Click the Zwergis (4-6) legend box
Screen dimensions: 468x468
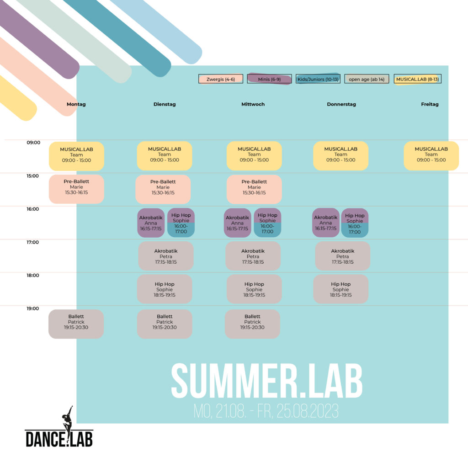pyautogui.click(x=221, y=79)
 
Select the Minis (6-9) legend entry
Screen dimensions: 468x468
pyautogui.click(x=269, y=79)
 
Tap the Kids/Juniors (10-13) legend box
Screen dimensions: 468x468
pyautogui.click(x=318, y=79)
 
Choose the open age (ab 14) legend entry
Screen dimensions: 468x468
pyautogui.click(x=367, y=79)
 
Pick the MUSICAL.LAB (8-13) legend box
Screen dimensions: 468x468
pyautogui.click(x=418, y=79)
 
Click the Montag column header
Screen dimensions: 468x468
pyautogui.click(x=76, y=104)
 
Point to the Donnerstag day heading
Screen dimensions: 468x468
pyautogui.click(x=341, y=104)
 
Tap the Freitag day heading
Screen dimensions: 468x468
pyautogui.click(x=430, y=104)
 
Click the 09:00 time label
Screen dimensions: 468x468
pyautogui.click(x=33, y=143)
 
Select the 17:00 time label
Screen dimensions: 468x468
pyautogui.click(x=33, y=242)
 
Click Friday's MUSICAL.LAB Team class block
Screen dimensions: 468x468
pyautogui.click(x=431, y=156)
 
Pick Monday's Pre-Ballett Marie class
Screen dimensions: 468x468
pyautogui.click(x=76, y=189)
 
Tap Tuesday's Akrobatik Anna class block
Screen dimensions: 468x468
pyautogui.click(x=151, y=223)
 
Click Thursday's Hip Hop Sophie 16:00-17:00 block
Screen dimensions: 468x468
pyautogui.click(x=355, y=223)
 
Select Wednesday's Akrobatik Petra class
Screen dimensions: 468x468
pyautogui.click(x=253, y=256)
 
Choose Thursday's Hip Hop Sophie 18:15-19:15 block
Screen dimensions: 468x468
pyautogui.click(x=340, y=289)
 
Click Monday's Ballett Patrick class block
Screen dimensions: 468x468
pyautogui.click(x=76, y=324)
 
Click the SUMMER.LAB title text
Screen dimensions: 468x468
pyautogui.click(x=267, y=381)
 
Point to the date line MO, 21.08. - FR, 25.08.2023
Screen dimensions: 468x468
pyautogui.click(x=266, y=411)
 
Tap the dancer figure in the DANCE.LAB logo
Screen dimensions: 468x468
pyautogui.click(x=68, y=421)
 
